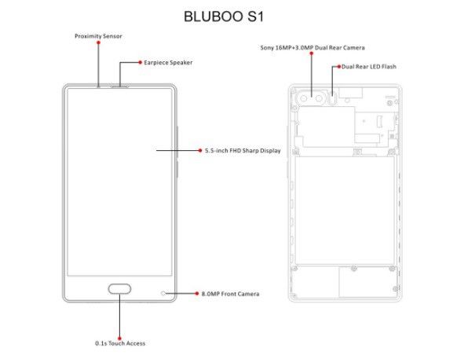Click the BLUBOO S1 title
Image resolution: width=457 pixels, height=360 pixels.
click(x=224, y=17)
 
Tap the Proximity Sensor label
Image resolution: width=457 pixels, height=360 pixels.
click(x=98, y=36)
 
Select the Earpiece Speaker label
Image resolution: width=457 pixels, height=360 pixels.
click(x=168, y=62)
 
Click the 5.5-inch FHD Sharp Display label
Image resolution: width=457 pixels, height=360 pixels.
click(x=243, y=151)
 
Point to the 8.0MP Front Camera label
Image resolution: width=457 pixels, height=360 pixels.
click(x=230, y=293)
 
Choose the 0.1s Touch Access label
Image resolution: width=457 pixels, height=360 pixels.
click(x=120, y=343)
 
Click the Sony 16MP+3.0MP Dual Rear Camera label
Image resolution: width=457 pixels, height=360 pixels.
click(x=313, y=47)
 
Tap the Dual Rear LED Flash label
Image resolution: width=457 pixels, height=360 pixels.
click(x=369, y=67)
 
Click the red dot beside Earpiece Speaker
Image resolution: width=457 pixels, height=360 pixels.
click(x=141, y=62)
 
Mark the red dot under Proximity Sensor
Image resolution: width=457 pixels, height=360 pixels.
click(x=98, y=42)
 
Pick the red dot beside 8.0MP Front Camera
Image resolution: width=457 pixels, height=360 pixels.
click(x=197, y=293)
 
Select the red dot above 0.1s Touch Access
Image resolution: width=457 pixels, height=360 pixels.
click(x=119, y=339)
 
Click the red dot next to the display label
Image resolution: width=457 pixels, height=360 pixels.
click(x=200, y=151)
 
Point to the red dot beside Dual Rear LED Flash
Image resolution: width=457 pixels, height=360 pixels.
click(x=339, y=67)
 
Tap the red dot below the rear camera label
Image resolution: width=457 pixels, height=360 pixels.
click(x=312, y=53)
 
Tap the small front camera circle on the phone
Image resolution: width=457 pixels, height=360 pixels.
click(x=163, y=293)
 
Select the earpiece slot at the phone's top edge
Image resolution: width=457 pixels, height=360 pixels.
click(x=119, y=86)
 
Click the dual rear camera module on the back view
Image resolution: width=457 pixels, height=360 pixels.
click(x=311, y=98)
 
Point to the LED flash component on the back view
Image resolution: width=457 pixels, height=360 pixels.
click(x=333, y=98)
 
